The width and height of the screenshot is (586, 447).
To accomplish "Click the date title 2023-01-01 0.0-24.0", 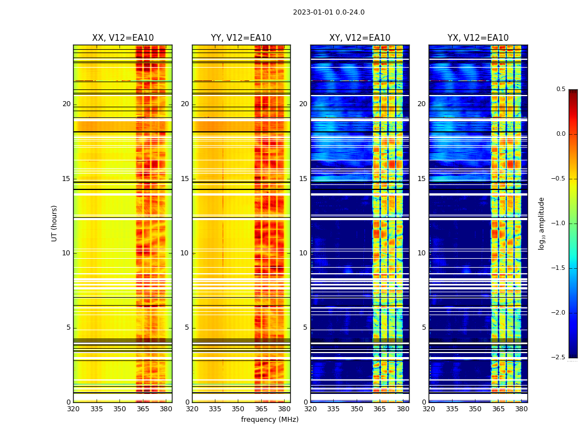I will tap(329, 12).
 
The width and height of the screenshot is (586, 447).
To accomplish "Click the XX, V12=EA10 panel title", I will tap(123, 38).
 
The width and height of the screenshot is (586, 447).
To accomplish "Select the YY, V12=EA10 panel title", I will tap(241, 38).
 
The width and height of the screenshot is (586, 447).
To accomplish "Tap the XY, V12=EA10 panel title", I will tap(359, 38).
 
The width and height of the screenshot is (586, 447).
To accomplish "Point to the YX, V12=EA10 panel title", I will tap(478, 38).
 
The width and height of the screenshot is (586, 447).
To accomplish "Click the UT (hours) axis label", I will tap(55, 223).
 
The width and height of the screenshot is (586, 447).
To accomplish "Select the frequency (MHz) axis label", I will tap(270, 420).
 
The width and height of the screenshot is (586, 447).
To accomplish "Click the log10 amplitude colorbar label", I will tap(542, 223).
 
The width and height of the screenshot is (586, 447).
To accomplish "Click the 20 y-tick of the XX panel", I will tap(66, 104).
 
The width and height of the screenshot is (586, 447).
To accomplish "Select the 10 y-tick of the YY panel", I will tap(185, 253).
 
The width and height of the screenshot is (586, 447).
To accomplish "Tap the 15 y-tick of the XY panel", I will tap(303, 179).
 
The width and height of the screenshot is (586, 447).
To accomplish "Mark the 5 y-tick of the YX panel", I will tap(424, 327).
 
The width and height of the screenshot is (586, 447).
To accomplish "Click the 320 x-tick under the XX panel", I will tap(73, 409).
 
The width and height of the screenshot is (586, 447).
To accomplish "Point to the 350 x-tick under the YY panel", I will tap(238, 409).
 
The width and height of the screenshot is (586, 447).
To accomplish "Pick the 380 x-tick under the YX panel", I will tap(521, 409).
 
